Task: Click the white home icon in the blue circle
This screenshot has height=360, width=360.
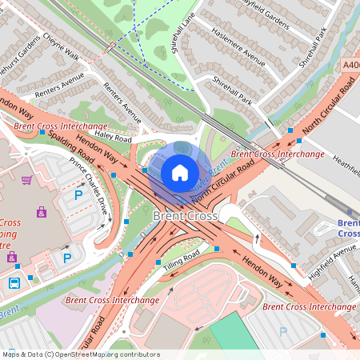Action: [180, 172]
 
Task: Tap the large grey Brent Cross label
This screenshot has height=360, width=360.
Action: [185, 217]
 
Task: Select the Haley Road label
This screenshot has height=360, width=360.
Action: [113, 138]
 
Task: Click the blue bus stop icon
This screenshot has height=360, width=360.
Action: [14, 283]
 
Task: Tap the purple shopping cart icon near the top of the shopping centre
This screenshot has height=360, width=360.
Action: [26, 180]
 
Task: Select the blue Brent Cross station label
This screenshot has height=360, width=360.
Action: [347, 228]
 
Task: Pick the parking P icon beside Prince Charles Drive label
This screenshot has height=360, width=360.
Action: [78, 194]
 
